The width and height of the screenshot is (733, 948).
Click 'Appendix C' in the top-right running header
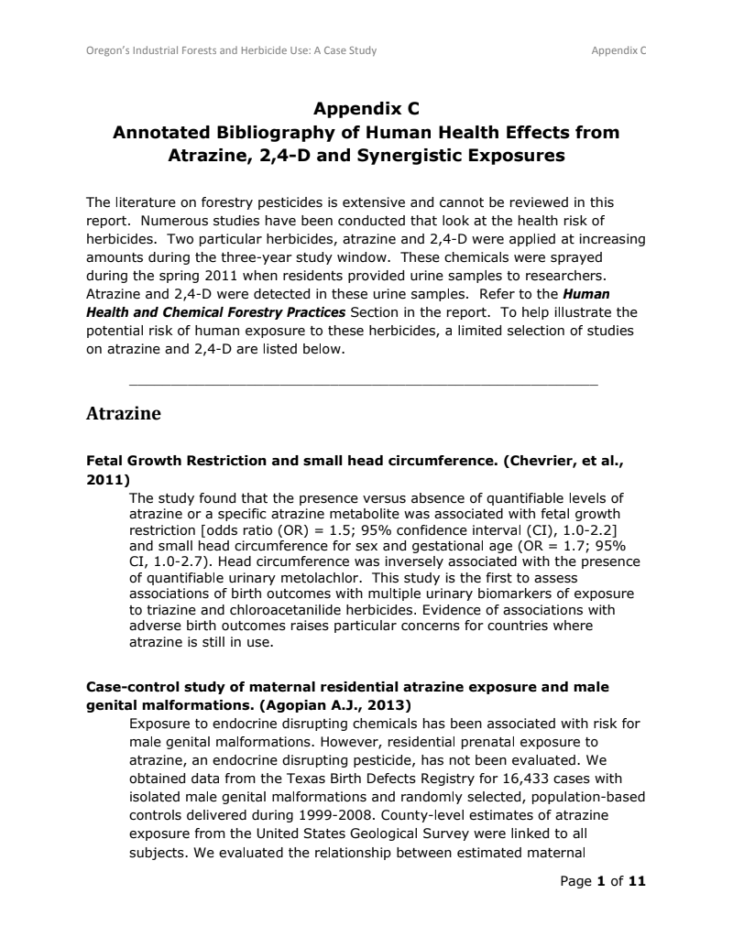point(618,50)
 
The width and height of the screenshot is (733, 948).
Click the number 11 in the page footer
point(637,881)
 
